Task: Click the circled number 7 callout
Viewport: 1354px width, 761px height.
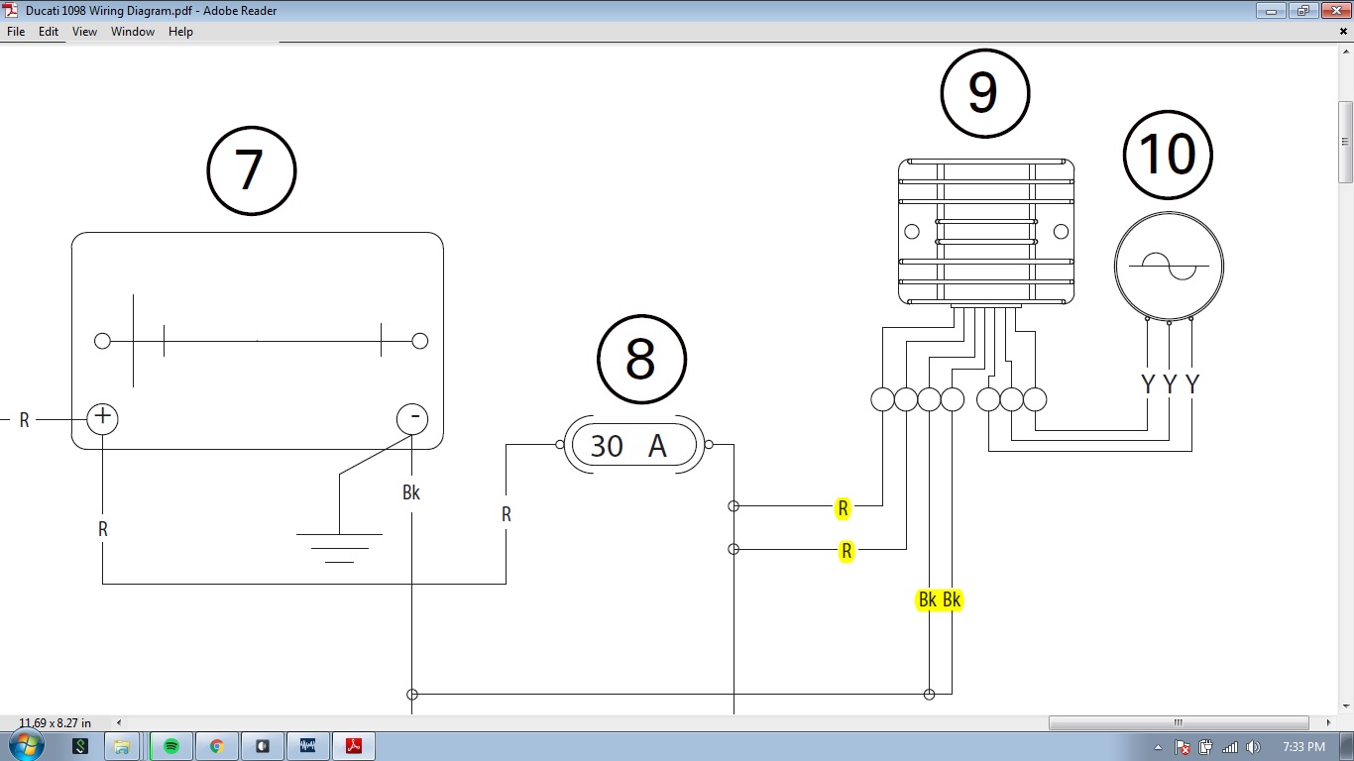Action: point(252,170)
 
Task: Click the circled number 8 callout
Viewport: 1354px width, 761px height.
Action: point(641,359)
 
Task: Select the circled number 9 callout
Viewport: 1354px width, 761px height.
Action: point(984,93)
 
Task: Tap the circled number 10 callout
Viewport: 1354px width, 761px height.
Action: point(1168,155)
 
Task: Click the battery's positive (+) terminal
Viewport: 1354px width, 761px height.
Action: point(102,418)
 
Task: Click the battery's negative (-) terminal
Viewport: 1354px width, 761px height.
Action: point(412,418)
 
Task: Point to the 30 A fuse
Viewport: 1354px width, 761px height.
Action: point(634,446)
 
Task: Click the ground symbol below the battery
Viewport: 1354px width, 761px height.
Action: point(339,546)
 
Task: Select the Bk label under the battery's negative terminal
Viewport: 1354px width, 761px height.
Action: point(411,492)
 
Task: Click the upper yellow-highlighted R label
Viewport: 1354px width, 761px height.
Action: point(843,508)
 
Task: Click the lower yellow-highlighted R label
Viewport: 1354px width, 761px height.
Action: point(846,551)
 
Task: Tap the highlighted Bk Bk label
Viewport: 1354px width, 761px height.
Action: point(939,599)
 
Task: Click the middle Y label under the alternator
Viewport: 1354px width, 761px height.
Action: point(1170,384)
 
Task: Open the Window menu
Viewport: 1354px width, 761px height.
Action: point(132,32)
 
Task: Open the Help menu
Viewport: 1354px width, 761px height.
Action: point(180,32)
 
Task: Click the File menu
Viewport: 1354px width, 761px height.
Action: point(16,32)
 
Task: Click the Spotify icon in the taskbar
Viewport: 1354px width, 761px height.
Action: point(170,746)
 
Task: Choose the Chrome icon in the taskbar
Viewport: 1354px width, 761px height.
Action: point(217,746)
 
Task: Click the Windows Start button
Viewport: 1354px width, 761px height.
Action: point(26,745)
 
